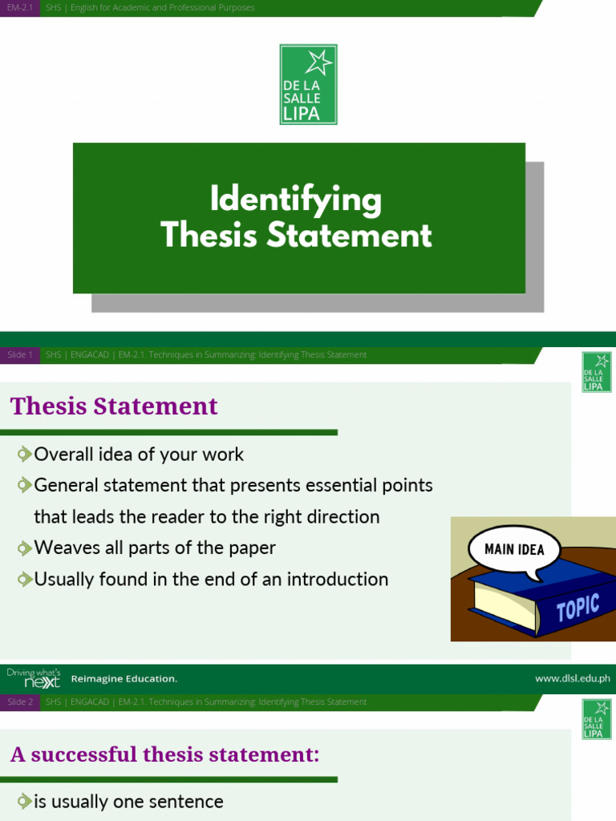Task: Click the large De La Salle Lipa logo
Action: pyautogui.click(x=308, y=84)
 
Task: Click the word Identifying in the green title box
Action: pyautogui.click(x=295, y=199)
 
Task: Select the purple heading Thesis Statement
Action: pyautogui.click(x=114, y=406)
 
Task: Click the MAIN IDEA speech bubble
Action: pyautogui.click(x=514, y=549)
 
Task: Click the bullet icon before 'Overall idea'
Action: pyautogui.click(x=25, y=455)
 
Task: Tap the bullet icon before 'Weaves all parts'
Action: pyautogui.click(x=25, y=548)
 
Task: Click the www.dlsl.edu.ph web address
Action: pyautogui.click(x=572, y=678)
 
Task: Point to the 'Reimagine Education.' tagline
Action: pyautogui.click(x=124, y=679)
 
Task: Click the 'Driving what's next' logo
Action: pyautogui.click(x=34, y=678)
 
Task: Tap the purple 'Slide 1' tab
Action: pyautogui.click(x=19, y=354)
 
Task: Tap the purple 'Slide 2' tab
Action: pyautogui.click(x=19, y=702)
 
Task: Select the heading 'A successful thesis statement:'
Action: pyautogui.click(x=164, y=754)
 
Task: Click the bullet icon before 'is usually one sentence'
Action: pyautogui.click(x=25, y=802)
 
